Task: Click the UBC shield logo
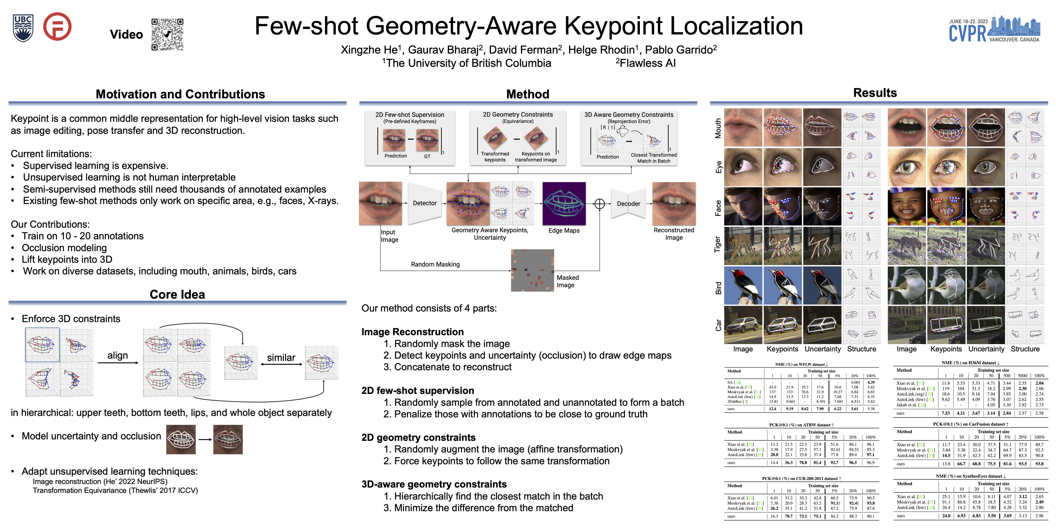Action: point(23,28)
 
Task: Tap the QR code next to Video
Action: point(167,34)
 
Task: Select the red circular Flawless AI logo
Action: point(57,27)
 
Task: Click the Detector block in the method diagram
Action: point(425,203)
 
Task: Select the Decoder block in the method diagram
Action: point(628,204)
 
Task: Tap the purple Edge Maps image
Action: point(564,203)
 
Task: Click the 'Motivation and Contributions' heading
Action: point(180,94)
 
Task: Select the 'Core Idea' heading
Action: point(177,294)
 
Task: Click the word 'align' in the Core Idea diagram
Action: point(118,355)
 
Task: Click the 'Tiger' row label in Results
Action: point(717,245)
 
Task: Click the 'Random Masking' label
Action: point(435,264)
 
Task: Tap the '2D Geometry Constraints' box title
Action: point(518,115)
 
